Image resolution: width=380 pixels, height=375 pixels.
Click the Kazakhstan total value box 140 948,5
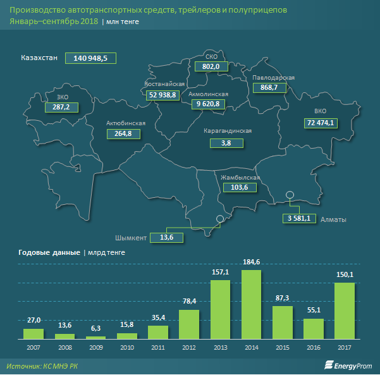pos(91,58)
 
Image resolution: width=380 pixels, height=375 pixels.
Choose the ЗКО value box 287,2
pos(62,108)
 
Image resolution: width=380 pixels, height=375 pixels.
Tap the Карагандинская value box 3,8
pos(226,144)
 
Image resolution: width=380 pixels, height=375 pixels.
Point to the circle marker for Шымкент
pos(219,219)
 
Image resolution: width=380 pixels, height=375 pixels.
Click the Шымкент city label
pos(131,238)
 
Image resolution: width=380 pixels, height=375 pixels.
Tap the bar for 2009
pos(96,337)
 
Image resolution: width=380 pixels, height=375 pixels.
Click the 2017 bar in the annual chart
pos(344,310)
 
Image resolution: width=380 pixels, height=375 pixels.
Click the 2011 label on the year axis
pos(158,347)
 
